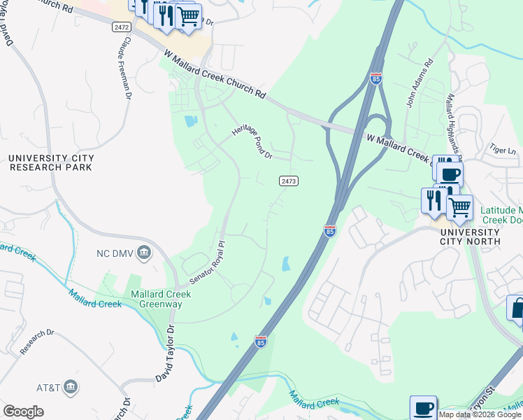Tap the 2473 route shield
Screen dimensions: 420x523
click(289, 181)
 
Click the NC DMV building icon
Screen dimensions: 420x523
click(145, 252)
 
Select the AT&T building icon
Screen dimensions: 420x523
click(71, 386)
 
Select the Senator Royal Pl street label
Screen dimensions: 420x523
click(207, 264)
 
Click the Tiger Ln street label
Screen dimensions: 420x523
click(502, 150)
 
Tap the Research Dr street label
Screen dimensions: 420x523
click(37, 342)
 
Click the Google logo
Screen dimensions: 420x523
click(23, 412)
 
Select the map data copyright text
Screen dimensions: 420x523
click(480, 414)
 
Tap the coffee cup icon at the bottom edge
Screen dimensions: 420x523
click(423, 408)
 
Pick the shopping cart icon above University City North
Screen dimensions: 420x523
click(459, 207)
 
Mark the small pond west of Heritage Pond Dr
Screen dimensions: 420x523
click(191, 121)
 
